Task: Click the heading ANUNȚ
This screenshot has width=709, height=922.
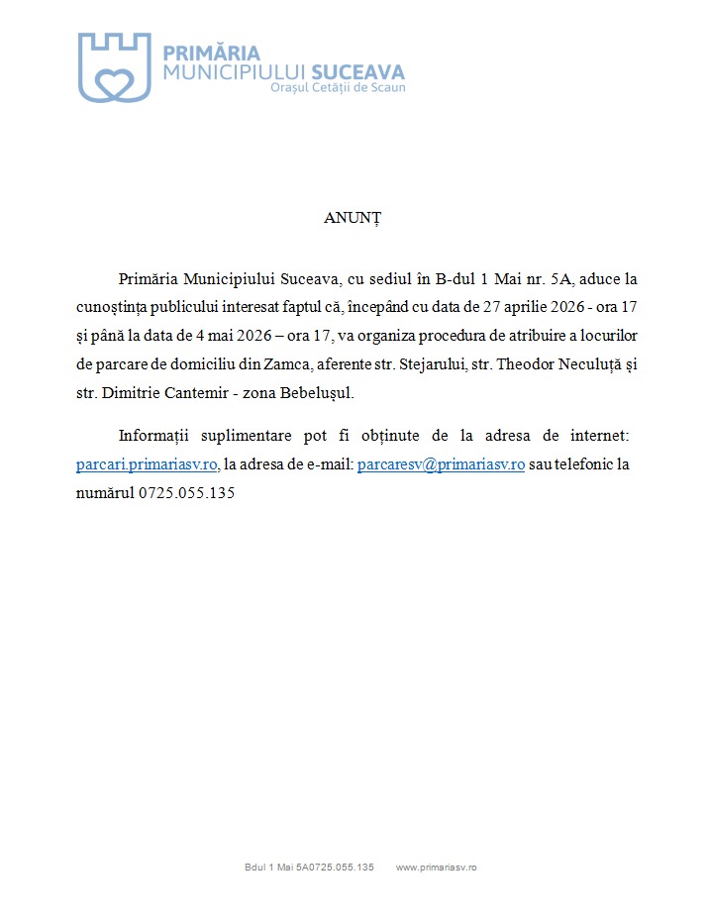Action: tap(353, 218)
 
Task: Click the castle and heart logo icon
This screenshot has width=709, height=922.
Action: tap(114, 66)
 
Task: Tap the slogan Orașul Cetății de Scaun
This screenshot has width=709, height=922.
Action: tap(338, 88)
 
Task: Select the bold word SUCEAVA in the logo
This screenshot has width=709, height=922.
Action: tap(357, 71)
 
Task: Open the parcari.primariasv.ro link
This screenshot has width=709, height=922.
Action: tap(147, 464)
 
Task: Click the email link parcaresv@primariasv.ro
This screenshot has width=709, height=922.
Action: tap(441, 464)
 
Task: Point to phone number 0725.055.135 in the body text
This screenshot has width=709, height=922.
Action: tap(186, 492)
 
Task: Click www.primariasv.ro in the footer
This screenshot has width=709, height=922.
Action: tap(437, 868)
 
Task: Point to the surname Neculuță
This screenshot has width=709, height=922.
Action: tap(582, 364)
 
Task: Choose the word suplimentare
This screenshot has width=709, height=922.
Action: tap(246, 436)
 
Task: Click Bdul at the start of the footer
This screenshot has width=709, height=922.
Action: tap(254, 868)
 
